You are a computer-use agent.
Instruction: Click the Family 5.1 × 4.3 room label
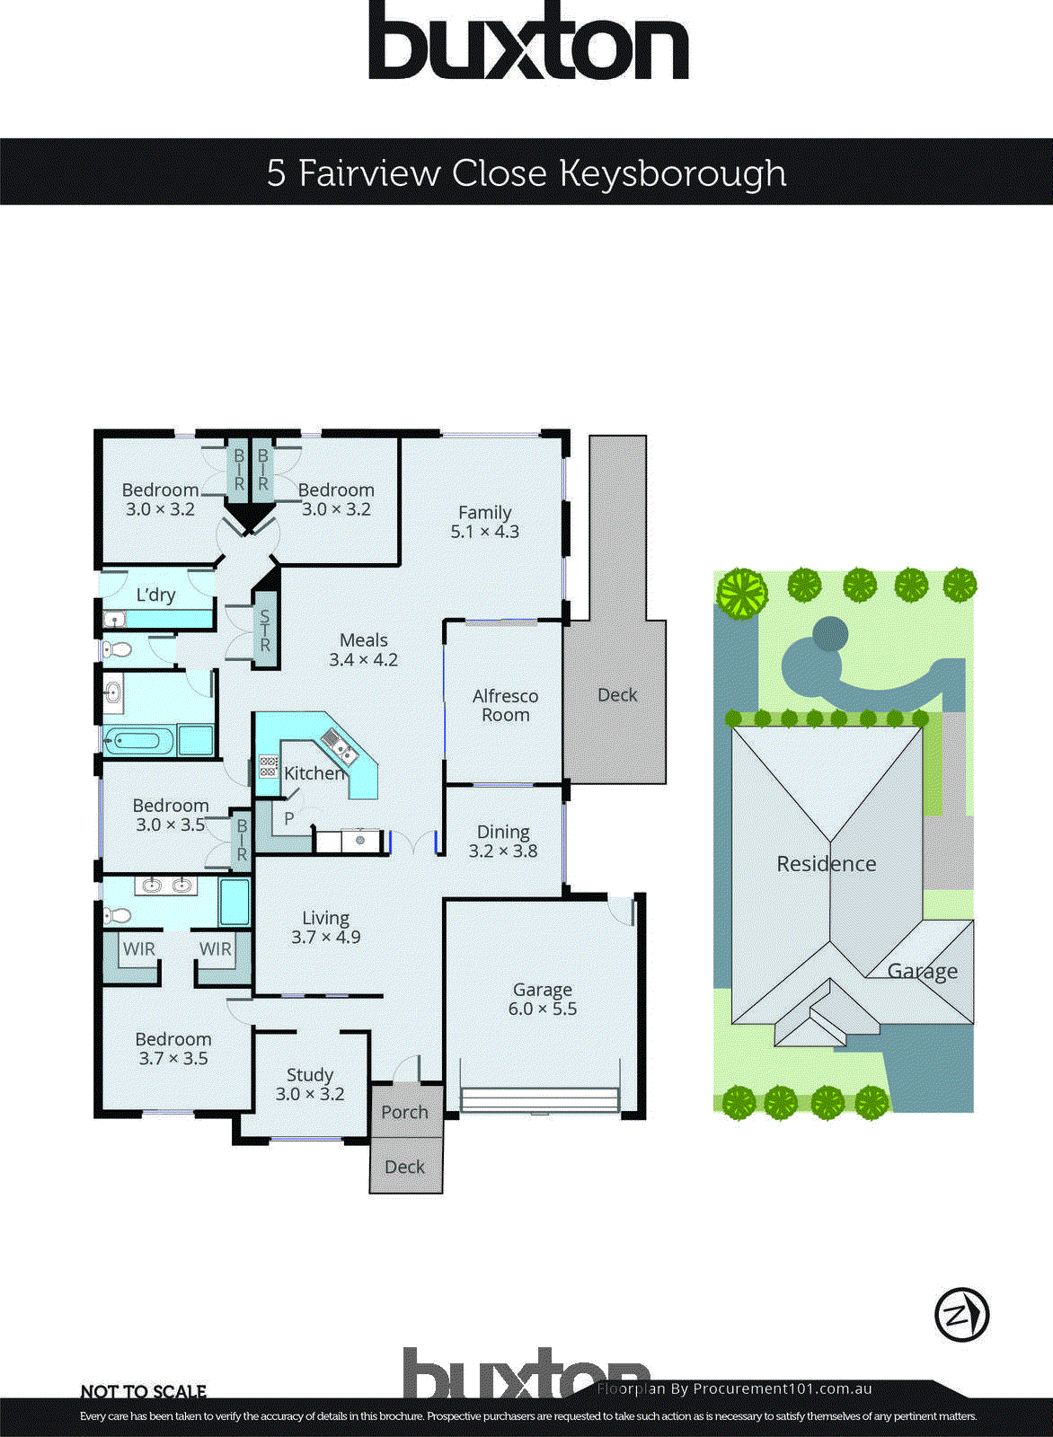(x=484, y=522)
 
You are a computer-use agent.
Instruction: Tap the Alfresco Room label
(x=505, y=705)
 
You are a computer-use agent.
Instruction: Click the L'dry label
(x=155, y=595)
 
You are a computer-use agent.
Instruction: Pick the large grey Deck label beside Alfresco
(x=617, y=695)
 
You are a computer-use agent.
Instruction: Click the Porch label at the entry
(x=404, y=1112)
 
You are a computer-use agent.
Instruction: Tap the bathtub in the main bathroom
(x=138, y=742)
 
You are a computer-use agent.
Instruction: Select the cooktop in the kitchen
(x=269, y=766)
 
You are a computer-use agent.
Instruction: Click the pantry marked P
(x=288, y=818)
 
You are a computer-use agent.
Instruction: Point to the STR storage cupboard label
(x=265, y=630)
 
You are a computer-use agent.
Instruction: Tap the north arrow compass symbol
(x=961, y=1315)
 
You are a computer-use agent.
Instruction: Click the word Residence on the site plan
(x=826, y=864)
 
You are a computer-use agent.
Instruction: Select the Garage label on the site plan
(x=922, y=971)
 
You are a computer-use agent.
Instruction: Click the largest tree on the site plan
(x=742, y=593)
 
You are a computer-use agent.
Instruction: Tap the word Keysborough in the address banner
(x=672, y=172)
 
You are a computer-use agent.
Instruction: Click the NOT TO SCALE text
(x=144, y=1391)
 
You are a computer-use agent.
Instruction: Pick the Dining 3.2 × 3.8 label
(x=503, y=842)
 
